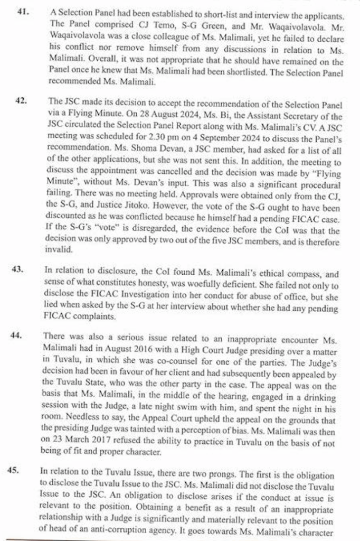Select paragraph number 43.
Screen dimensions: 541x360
tap(18, 269)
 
